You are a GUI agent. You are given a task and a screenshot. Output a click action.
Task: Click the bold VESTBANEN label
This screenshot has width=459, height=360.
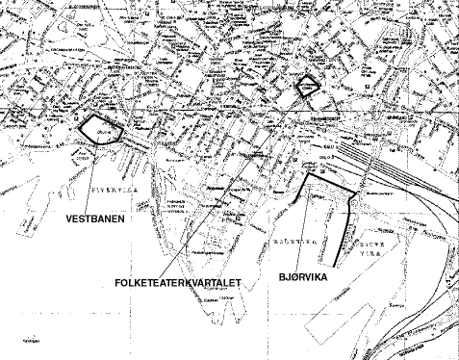pyautogui.click(x=98, y=219)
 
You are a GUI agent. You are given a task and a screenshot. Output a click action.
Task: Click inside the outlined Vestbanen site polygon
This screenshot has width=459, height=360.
pyautogui.click(x=99, y=131)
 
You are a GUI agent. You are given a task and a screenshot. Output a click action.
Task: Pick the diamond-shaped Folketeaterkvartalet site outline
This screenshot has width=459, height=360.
pyautogui.click(x=307, y=85)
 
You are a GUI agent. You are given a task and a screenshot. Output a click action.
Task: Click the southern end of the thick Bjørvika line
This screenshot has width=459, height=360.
pyautogui.click(x=334, y=264)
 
